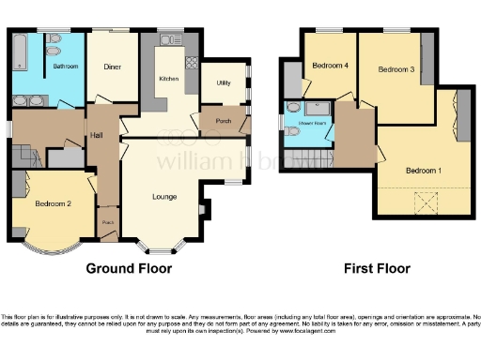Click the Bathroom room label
pyautogui.click(x=65, y=67)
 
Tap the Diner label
pyautogui.click(x=113, y=67)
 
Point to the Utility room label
pyautogui.click(x=223, y=83)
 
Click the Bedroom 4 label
pyautogui.click(x=331, y=67)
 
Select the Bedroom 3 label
pyautogui.click(x=395, y=69)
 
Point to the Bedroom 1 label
pyautogui.click(x=423, y=171)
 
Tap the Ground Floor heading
pyautogui.click(x=130, y=268)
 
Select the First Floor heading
pyautogui.click(x=378, y=268)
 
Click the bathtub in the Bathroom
pyautogui.click(x=19, y=65)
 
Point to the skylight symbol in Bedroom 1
pyautogui.click(x=426, y=202)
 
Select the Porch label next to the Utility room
pyautogui.click(x=224, y=121)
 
